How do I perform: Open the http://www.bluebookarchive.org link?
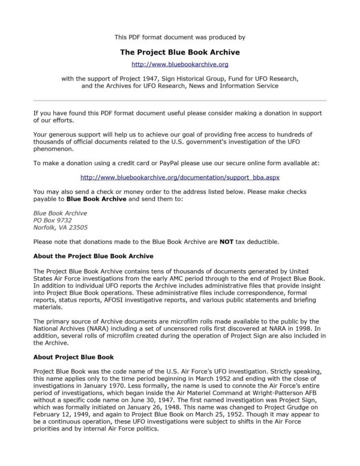180,64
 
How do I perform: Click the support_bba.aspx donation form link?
180,178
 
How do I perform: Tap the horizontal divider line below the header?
180,100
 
